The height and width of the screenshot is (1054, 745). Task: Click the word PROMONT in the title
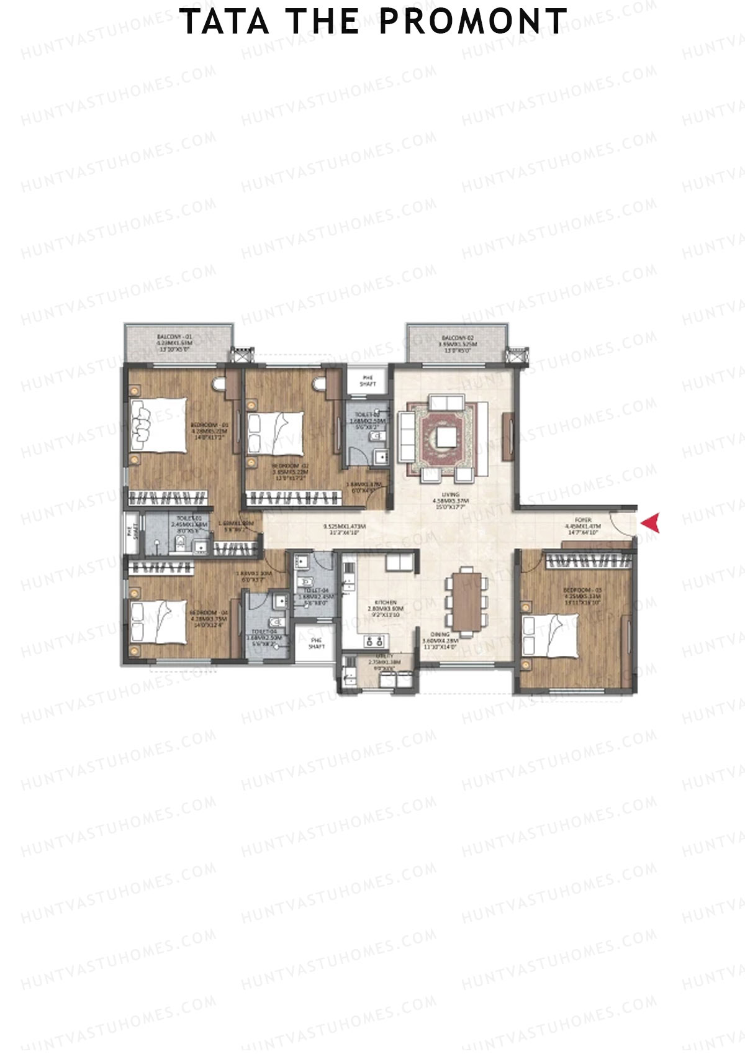click(472, 22)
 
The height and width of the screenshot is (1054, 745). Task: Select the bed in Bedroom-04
click(159, 622)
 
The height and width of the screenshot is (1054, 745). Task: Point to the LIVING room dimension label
click(451, 497)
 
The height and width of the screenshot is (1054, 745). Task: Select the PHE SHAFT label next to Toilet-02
click(368, 381)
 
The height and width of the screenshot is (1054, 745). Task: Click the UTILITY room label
click(376, 660)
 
